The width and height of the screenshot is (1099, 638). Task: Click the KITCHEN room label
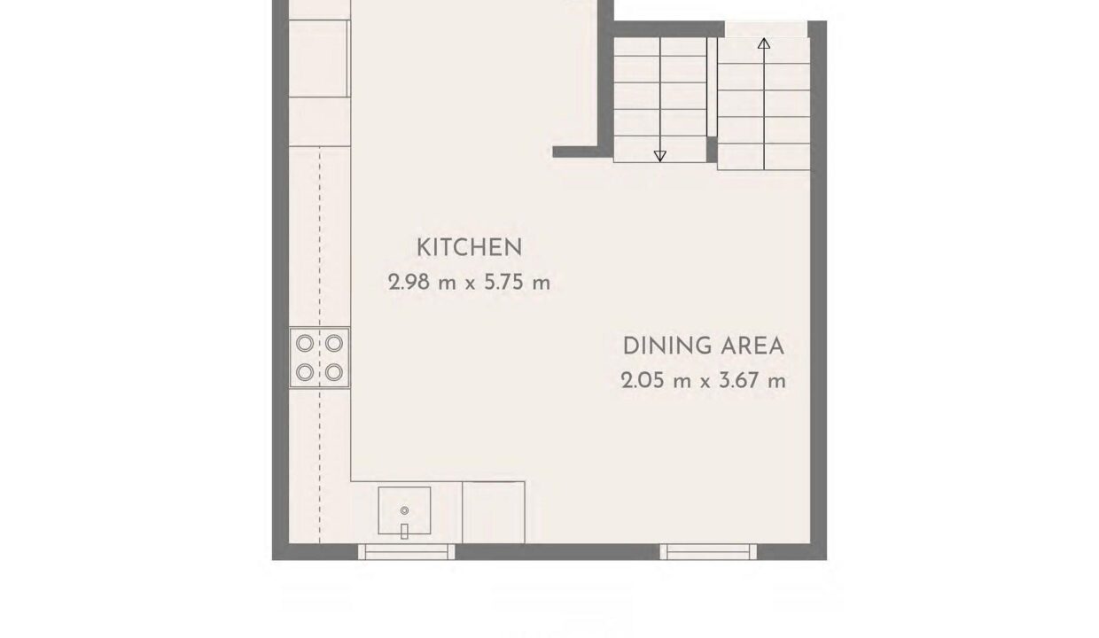469,247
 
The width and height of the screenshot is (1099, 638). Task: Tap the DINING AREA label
703,346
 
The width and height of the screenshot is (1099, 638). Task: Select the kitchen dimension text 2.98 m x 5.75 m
469,283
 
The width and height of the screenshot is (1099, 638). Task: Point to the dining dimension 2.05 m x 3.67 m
703,380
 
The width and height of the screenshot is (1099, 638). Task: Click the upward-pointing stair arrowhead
764,43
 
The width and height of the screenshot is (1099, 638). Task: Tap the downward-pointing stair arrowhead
660,156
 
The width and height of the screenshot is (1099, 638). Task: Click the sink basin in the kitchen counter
404,510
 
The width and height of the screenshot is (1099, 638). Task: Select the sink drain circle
404,510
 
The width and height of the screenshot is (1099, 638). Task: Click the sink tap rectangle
404,531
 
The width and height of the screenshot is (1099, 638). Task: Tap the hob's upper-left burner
305,343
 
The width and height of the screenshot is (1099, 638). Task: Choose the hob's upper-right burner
334,343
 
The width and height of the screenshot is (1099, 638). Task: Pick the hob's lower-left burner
305,372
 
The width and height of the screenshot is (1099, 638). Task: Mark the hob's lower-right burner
334,372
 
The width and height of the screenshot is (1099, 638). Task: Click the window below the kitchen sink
406,552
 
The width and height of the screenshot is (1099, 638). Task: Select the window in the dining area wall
708,552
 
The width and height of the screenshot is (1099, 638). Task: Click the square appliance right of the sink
494,512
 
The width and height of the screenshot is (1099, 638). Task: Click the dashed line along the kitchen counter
320,346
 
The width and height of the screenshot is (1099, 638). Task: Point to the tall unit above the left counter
319,58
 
